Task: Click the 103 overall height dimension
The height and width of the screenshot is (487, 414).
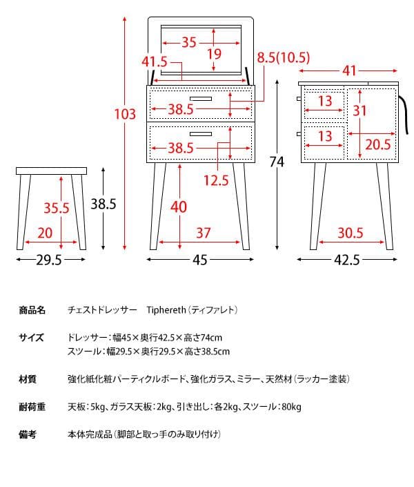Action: pyautogui.click(x=125, y=115)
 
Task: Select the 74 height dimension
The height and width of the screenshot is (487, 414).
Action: pyautogui.click(x=277, y=162)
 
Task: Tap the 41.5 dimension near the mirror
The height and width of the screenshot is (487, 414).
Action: pyautogui.click(x=155, y=61)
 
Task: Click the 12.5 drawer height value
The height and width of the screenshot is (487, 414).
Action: pyautogui.click(x=215, y=181)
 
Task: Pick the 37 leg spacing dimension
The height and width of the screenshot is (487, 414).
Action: pyautogui.click(x=202, y=233)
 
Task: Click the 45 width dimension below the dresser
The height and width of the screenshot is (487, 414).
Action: pyautogui.click(x=199, y=260)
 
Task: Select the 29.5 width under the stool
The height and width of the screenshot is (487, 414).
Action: pyautogui.click(x=49, y=260)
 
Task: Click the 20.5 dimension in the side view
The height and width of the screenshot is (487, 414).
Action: pyautogui.click(x=377, y=144)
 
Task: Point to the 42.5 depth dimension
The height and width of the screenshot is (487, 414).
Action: pyautogui.click(x=346, y=260)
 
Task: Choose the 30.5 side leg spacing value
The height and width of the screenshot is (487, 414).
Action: pyautogui.click(x=350, y=233)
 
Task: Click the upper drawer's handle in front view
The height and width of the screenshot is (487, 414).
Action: pyautogui.click(x=201, y=99)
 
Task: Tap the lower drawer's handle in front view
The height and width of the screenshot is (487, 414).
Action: pyautogui.click(x=201, y=133)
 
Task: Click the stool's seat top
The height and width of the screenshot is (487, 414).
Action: pyautogui.click(x=51, y=170)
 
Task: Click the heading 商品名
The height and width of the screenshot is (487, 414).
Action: pyautogui.click(x=32, y=310)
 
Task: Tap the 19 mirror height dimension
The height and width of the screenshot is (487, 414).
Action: pyautogui.click(x=214, y=54)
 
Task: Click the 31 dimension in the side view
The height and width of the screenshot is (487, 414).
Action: pyautogui.click(x=359, y=111)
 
